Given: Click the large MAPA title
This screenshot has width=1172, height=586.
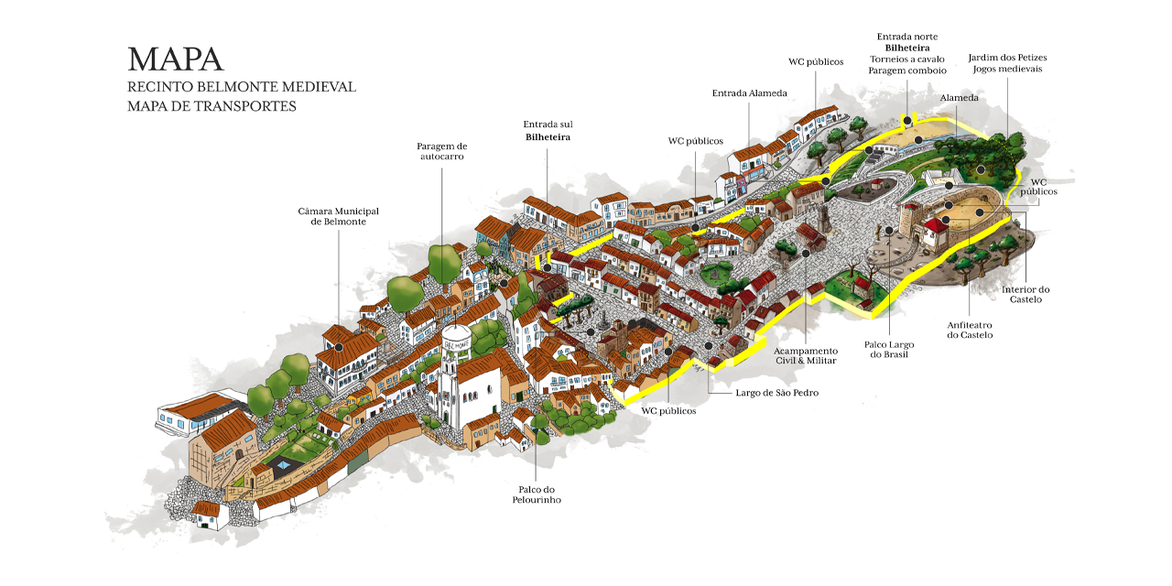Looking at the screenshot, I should coord(176,60).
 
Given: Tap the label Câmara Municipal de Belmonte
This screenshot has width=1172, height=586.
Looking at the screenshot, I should coord(339,217).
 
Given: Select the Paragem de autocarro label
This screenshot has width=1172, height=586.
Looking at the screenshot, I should coord(442,151).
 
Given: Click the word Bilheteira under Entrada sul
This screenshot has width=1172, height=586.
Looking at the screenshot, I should coord(548,137).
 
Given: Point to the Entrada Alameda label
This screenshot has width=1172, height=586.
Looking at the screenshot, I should coord(749,93).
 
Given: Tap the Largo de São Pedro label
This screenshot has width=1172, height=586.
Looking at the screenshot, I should coord(777,393).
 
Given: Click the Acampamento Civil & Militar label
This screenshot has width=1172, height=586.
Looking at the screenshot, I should coord(806,355).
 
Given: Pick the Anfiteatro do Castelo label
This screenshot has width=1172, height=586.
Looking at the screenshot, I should coord(970,330).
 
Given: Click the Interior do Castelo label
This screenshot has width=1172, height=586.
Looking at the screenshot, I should coord(1025,294).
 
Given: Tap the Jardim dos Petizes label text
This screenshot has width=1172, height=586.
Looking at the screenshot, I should coord(1007,58).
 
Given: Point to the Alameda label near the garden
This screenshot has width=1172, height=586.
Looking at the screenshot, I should coord(959,98).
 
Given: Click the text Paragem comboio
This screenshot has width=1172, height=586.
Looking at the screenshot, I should coord(907,71).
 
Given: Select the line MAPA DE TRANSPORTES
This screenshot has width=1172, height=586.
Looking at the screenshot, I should coord(212,106).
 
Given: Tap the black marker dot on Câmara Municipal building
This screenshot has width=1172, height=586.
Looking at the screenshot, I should coord(339,347).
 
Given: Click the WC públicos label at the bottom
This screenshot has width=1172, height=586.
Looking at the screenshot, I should coord(668,411).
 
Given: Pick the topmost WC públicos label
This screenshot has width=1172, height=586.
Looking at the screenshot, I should coord(816,62).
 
